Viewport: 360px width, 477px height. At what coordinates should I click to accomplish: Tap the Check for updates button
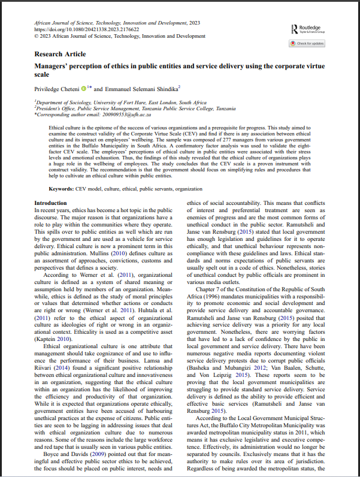click(307, 43)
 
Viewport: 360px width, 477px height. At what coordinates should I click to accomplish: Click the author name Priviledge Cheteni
click(57, 88)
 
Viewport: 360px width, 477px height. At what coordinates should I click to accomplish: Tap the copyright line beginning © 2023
click(111, 36)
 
